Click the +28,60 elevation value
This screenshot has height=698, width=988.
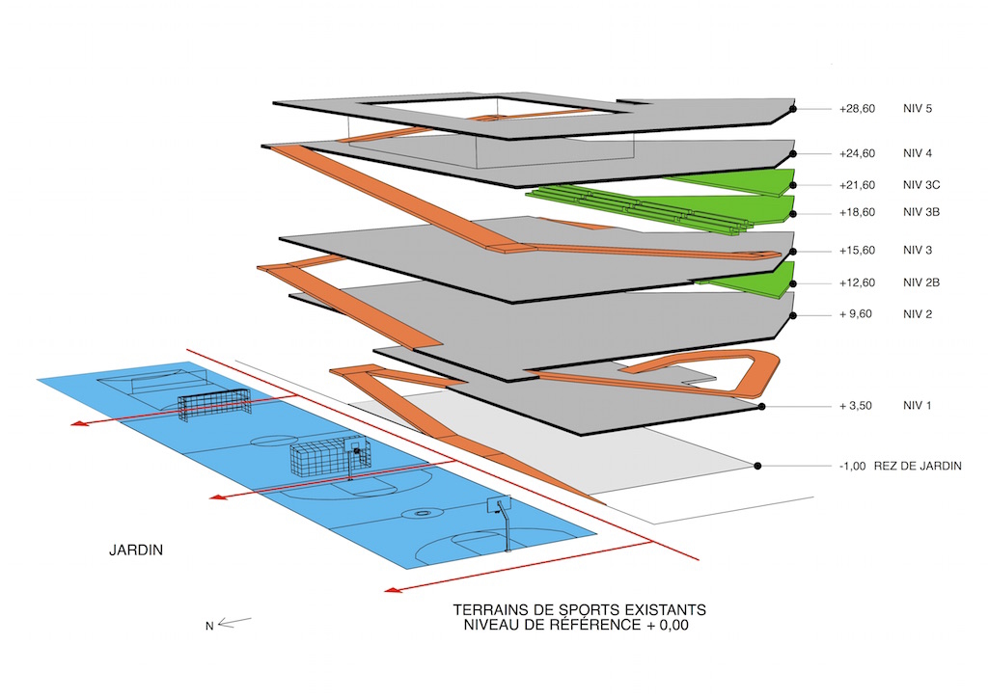[857, 109]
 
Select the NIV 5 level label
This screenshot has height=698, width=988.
[917, 108]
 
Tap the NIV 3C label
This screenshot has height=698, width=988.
[921, 185]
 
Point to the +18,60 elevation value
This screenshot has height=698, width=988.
[857, 213]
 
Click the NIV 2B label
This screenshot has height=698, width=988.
[921, 282]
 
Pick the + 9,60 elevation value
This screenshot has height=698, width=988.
[856, 314]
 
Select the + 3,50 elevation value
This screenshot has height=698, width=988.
[856, 406]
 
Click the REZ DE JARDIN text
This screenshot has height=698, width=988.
[918, 467]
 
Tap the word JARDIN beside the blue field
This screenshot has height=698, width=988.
[136, 550]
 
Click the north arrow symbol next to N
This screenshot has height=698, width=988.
[235, 623]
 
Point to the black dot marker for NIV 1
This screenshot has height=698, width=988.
[761, 407]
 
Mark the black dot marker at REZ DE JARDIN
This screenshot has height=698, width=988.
[757, 467]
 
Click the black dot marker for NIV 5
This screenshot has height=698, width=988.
[793, 109]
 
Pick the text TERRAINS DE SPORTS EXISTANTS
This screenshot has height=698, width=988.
[579, 610]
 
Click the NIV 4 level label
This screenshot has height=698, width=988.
[917, 153]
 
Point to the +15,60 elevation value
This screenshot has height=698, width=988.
[857, 251]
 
